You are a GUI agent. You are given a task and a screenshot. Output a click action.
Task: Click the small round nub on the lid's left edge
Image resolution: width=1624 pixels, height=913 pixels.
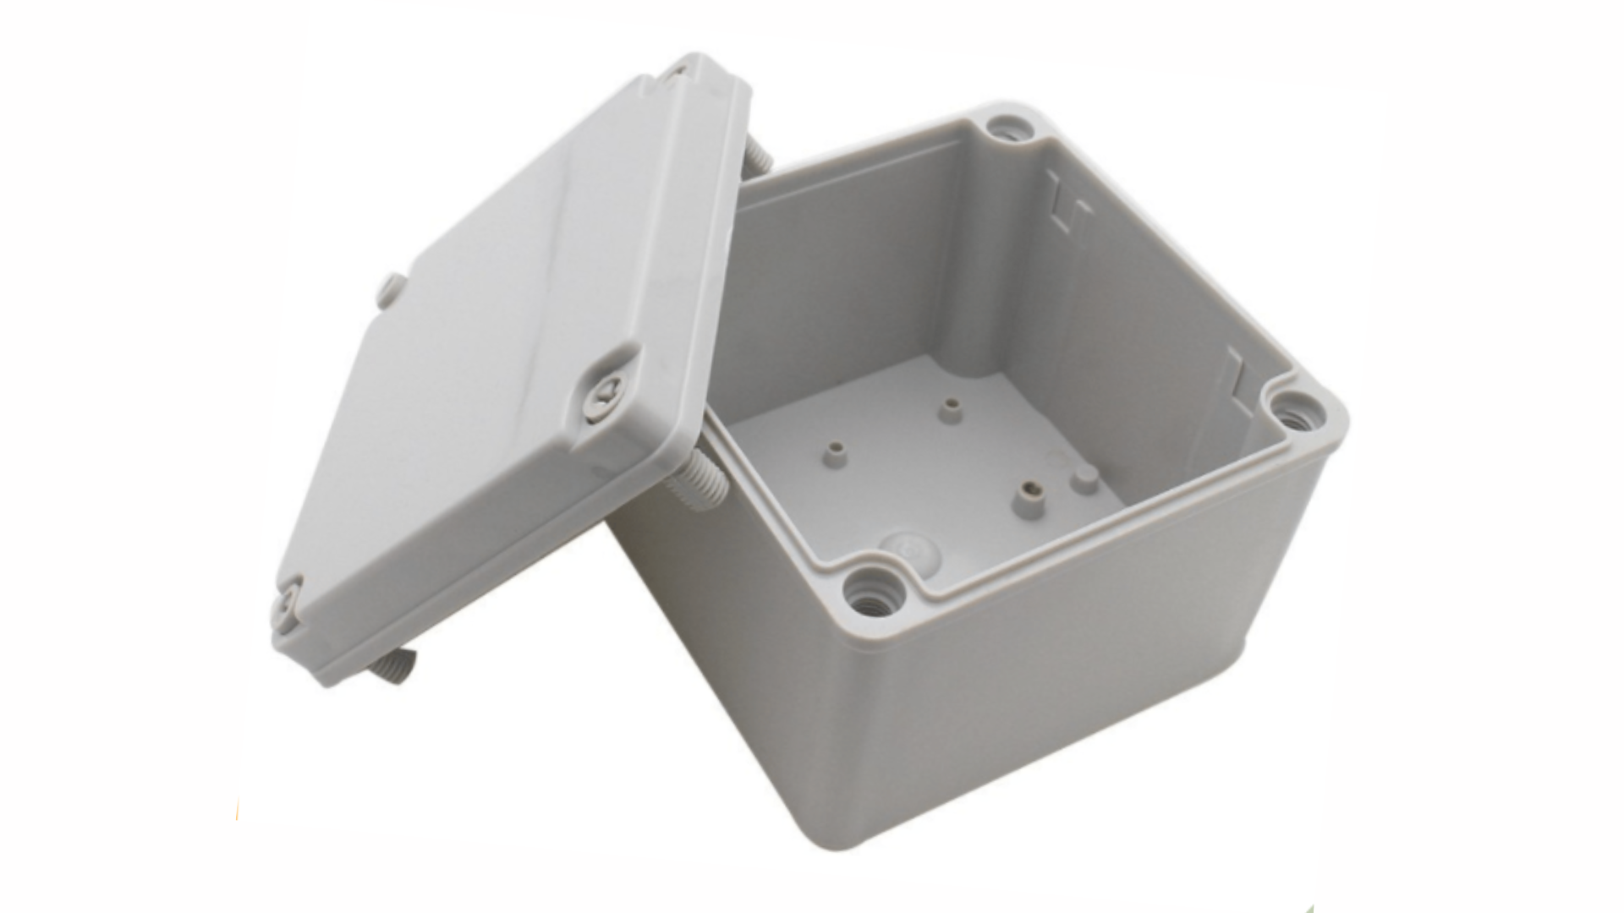point(390,287)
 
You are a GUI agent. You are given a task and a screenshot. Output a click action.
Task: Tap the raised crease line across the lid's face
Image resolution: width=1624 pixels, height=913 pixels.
point(541,254)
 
